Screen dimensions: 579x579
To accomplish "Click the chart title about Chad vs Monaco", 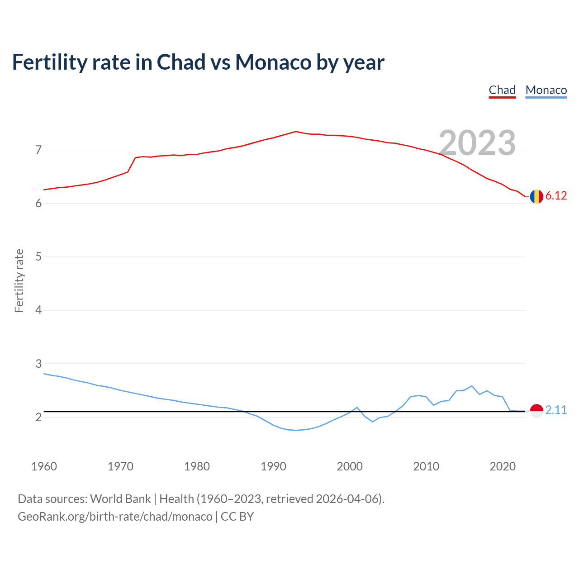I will point(198,62).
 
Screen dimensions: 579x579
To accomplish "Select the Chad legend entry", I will point(502,90).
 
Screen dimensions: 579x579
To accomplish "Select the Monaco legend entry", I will point(546,90).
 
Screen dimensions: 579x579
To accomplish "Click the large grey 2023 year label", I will point(477,143).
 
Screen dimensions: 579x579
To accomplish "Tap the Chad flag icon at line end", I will point(536,196).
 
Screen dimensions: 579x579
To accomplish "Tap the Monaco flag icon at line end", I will point(536,411).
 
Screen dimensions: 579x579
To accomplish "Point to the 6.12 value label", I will point(556,196).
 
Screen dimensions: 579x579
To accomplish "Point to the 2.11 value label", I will point(556,410).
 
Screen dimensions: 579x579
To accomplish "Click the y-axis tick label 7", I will point(38,150).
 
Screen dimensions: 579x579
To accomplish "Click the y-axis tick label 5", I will point(38,257).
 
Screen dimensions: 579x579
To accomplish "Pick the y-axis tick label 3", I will point(38,364).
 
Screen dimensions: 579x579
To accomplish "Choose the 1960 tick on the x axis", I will point(44,466).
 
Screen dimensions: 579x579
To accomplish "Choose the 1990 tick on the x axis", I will point(273,466).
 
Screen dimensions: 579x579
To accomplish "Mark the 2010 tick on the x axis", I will point(426,466).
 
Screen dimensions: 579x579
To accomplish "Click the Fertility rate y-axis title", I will point(19,280).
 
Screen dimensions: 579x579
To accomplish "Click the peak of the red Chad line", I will point(296,132).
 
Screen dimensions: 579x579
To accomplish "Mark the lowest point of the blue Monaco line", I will point(296,430).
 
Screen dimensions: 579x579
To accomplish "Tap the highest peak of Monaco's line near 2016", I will point(472,386).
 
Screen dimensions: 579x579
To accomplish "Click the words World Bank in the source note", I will point(120,499).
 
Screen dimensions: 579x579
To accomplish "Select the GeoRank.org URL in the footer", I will point(115,517).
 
